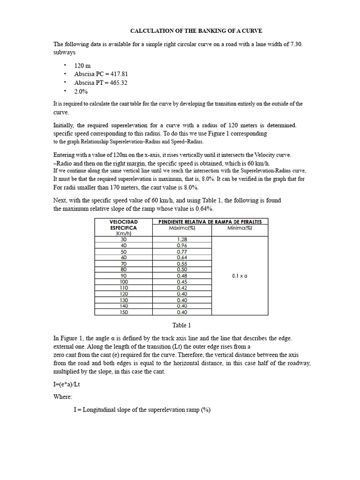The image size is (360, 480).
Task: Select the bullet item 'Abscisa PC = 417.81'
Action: pyautogui.click(x=101, y=74)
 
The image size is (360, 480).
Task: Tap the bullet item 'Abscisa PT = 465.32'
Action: pyautogui.click(x=101, y=82)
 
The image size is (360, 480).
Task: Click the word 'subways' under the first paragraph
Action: pyautogui.click(x=65, y=52)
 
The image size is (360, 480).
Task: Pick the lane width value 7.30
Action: pyautogui.click(x=299, y=44)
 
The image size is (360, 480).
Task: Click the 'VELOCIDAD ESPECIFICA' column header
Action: pyautogui.click(x=124, y=225)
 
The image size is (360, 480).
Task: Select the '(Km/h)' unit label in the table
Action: pyautogui.click(x=124, y=233)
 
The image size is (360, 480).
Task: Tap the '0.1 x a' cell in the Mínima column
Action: pyautogui.click(x=240, y=276)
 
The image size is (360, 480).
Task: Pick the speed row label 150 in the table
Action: pyautogui.click(x=124, y=312)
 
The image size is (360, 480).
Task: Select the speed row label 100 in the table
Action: pyautogui.click(x=124, y=282)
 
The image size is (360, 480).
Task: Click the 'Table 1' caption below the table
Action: pyautogui.click(x=182, y=325)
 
